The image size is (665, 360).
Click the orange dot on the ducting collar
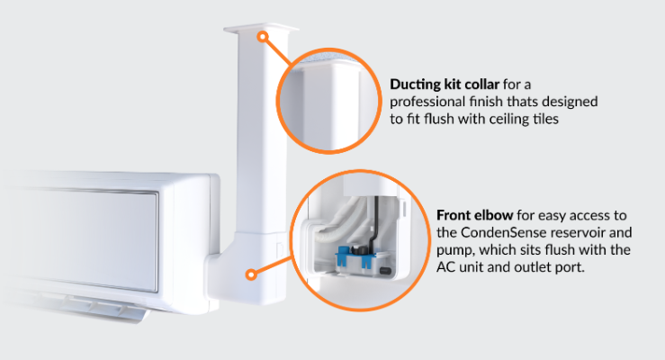click(x=263, y=37)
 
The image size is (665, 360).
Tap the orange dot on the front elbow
click(x=251, y=274)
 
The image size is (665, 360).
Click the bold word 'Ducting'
click(x=415, y=85)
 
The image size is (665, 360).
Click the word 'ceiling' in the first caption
click(x=508, y=120)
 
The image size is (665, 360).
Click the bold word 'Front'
click(x=453, y=215)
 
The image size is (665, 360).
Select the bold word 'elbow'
click(x=493, y=215)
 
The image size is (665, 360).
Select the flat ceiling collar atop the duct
click(x=261, y=29)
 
